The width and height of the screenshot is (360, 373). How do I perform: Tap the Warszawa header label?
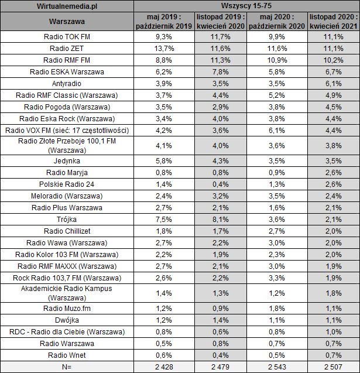[67, 22]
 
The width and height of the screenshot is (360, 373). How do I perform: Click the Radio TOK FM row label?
[67, 37]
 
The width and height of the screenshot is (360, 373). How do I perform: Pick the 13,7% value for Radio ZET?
[162, 48]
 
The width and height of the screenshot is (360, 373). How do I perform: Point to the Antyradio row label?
[67, 84]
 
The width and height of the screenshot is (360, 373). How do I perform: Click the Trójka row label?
[67, 219]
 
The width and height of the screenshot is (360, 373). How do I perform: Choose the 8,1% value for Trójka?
[219, 219]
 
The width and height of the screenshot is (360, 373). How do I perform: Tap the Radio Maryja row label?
[67, 173]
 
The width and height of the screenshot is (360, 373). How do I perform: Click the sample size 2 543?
[276, 367]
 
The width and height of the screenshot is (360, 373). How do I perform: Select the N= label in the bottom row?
[67, 367]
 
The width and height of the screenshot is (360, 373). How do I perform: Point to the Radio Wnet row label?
[67, 355]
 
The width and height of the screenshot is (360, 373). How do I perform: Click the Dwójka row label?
[67, 320]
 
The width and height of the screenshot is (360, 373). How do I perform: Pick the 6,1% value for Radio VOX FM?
[276, 130]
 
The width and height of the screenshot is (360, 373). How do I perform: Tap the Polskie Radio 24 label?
[67, 184]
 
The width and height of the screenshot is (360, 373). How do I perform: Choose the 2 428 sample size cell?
[162, 367]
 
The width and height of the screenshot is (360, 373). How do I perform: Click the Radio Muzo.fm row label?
[67, 308]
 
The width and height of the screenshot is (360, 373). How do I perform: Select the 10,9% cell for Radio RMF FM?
[276, 60]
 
